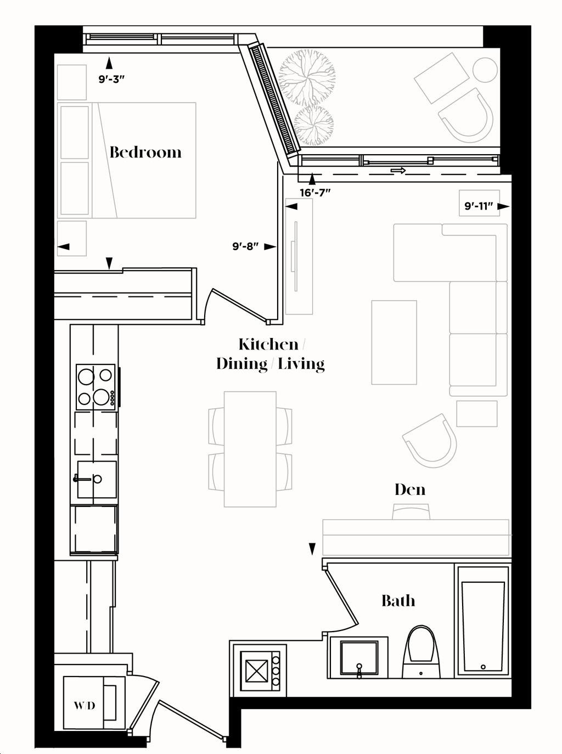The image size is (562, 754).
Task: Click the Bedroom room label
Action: tap(145, 152)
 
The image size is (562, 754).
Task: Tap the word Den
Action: tap(410, 489)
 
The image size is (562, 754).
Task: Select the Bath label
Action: tap(398, 600)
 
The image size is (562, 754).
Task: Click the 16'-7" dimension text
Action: tap(316, 193)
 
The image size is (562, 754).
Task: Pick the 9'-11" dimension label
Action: tap(479, 206)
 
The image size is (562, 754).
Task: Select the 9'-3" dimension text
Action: tap(111, 80)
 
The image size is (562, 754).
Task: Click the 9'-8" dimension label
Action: tap(245, 246)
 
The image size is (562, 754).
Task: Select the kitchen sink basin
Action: tap(97, 479)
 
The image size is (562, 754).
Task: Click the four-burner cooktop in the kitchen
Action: tap(95, 386)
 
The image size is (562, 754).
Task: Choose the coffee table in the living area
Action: tap(394, 342)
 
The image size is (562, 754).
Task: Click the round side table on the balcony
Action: tap(485, 70)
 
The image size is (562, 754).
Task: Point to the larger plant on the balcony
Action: tap(306, 77)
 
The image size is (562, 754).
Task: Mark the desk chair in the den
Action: tap(411, 511)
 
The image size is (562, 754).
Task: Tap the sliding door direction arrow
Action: tap(398, 170)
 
